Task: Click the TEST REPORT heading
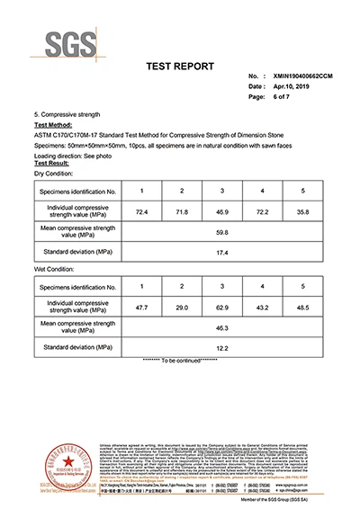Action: [x=180, y=67]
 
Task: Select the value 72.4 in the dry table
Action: [x=141, y=211]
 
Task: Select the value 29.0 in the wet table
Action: [x=182, y=308]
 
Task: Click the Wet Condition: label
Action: [x=57, y=268]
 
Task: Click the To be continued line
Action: [x=180, y=360]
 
